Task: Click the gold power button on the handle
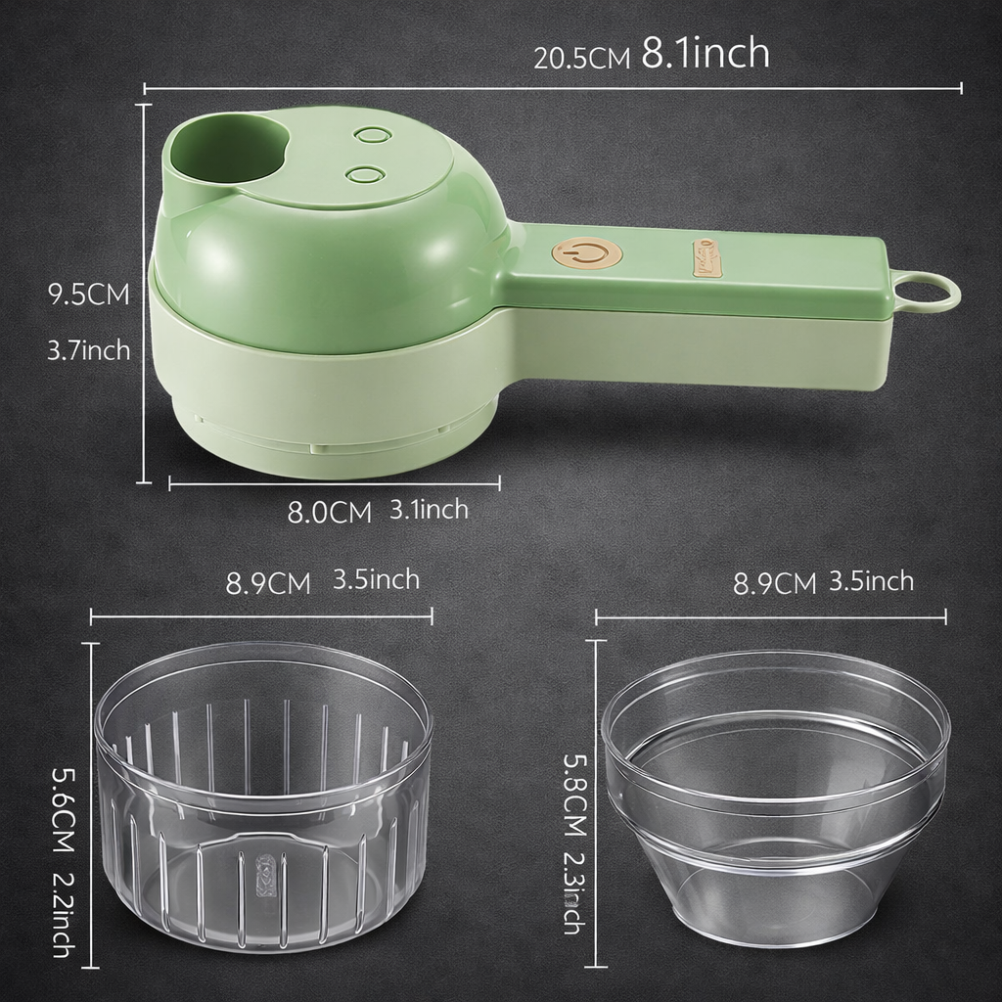pyautogui.click(x=587, y=253)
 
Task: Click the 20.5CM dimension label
pyautogui.click(x=581, y=58)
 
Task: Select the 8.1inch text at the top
pyautogui.click(x=705, y=54)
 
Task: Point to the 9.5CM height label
pyautogui.click(x=89, y=295)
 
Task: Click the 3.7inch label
pyautogui.click(x=89, y=349)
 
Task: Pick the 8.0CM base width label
pyautogui.click(x=329, y=513)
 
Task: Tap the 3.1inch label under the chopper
pyautogui.click(x=429, y=509)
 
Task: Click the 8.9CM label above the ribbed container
pyautogui.click(x=268, y=584)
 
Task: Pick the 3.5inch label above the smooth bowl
pyautogui.click(x=871, y=581)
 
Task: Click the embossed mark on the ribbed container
pyautogui.click(x=261, y=869)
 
